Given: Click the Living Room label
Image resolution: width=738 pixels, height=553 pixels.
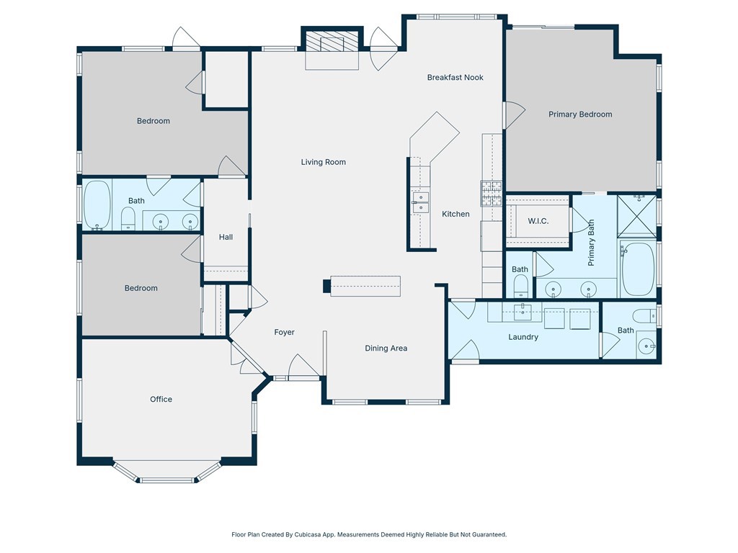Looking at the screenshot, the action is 324,162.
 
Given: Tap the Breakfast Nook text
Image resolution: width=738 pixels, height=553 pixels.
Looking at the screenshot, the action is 455,78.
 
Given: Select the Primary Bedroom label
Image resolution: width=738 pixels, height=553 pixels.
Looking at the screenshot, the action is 580,114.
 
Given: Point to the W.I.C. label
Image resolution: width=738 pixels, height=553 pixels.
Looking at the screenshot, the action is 538,221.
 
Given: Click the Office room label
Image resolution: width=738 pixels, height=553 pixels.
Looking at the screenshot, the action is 161,399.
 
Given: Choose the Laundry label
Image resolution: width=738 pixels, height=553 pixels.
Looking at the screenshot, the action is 523,337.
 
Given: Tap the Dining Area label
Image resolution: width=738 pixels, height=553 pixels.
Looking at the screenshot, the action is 386,349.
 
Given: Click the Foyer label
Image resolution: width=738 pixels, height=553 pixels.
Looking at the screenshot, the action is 284,333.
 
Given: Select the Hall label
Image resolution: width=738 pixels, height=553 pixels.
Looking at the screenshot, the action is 226,238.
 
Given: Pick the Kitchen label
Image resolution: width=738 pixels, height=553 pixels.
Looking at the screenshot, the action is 455,214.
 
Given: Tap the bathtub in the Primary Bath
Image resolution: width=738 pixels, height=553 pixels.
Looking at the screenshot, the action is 638,269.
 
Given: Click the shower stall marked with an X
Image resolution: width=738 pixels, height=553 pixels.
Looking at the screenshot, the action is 637,217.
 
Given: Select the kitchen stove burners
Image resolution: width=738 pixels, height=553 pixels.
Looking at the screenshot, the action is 492,194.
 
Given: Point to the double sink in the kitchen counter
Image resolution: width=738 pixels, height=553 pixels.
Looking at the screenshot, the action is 420,202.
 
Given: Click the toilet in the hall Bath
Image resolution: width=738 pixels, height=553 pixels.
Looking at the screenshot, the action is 128,219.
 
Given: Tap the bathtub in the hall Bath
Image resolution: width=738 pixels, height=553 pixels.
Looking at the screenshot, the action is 97,205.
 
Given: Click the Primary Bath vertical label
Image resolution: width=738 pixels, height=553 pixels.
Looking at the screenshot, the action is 591,243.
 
